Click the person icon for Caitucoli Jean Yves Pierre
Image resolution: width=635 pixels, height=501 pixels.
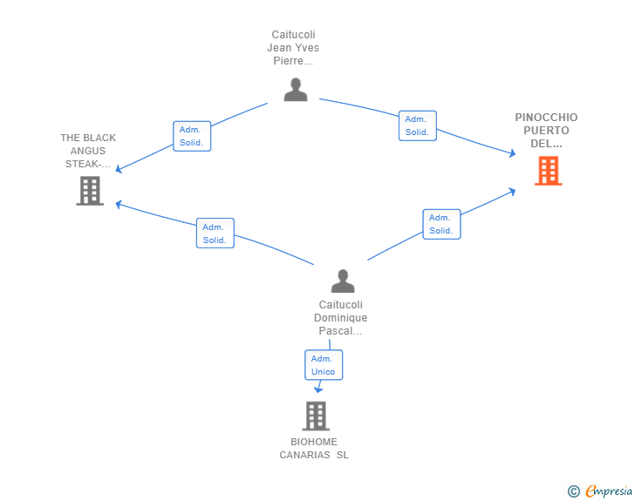296,90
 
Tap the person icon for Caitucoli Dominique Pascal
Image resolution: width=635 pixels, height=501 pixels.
343,281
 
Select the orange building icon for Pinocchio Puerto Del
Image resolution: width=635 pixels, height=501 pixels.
549,171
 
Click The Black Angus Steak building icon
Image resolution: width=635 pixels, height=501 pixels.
90,191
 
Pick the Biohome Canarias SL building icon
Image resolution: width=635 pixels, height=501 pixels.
316,416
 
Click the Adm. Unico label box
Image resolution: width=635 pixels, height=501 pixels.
324,365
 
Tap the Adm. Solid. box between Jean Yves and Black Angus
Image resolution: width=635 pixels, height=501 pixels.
192,136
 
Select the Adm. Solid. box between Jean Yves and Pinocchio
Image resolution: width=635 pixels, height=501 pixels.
418,125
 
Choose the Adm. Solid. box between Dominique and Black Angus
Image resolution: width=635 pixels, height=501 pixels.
215,234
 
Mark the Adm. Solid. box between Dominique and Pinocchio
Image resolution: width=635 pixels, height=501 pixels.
441,224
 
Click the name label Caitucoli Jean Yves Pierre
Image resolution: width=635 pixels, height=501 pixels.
293,48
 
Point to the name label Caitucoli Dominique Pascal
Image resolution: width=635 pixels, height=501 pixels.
340,318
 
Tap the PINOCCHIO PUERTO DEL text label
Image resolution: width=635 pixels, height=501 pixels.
546,131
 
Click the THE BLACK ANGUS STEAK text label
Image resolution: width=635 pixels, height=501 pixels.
88,151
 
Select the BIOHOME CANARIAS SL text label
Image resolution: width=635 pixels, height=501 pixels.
314,449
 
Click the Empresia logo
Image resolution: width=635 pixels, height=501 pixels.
609,491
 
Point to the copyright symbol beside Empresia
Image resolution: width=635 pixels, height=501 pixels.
573,491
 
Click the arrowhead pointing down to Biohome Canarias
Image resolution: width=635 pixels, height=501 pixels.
318,389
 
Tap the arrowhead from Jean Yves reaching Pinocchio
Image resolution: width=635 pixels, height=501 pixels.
512,153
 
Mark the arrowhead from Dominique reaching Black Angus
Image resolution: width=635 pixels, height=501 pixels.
119,205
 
